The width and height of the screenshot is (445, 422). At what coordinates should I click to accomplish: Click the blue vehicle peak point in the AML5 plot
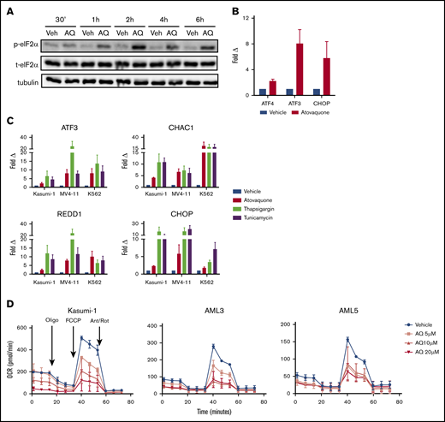click(324, 340)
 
